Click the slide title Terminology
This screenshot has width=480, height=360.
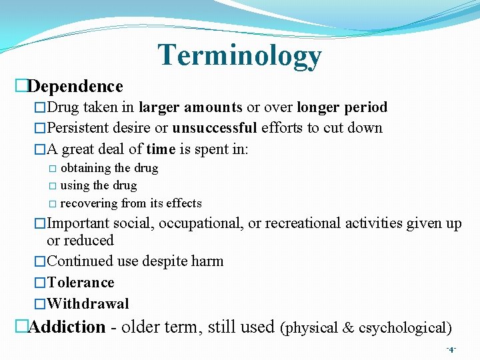click(x=239, y=56)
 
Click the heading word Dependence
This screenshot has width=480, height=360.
click(x=75, y=87)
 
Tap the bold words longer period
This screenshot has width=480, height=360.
click(x=342, y=107)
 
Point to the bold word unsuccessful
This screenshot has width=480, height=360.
click(x=214, y=128)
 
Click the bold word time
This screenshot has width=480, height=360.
click(x=161, y=149)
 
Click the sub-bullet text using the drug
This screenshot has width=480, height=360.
click(x=98, y=185)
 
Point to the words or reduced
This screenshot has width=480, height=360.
click(x=80, y=241)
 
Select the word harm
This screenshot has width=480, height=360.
click(x=206, y=261)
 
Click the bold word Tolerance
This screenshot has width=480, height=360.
click(x=81, y=283)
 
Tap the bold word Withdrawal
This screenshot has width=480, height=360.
click(x=88, y=304)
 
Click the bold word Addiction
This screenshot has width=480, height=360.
click(x=67, y=327)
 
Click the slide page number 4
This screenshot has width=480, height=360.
click(x=451, y=349)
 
